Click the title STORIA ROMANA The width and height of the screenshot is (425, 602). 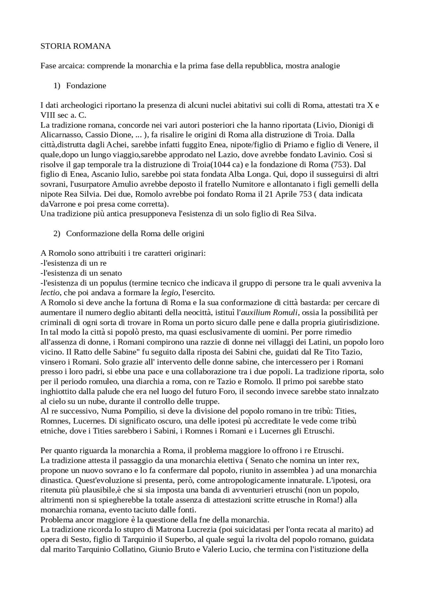coord(75,46)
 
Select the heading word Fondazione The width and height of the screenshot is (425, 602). coord(86,86)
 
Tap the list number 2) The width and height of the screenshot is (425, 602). coord(57,234)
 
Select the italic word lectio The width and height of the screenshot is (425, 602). coord(50,293)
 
